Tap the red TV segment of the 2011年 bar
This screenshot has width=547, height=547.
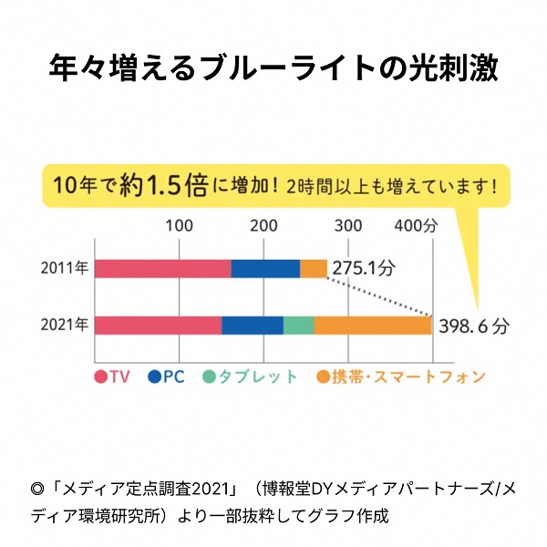pos(162,268)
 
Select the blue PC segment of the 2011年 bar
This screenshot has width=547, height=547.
pos(265,268)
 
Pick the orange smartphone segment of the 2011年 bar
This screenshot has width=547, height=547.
pos(314,268)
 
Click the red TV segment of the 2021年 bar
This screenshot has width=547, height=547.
pos(158,325)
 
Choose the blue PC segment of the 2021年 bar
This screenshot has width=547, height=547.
pos(253,325)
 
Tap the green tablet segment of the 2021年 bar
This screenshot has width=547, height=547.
pos(299,325)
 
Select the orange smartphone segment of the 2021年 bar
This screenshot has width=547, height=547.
pos(373,325)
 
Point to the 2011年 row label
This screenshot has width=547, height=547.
pos(64,268)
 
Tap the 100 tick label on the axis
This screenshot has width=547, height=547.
pos(179,226)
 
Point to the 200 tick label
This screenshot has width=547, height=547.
pos(264,226)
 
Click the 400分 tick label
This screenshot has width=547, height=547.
pos(417,226)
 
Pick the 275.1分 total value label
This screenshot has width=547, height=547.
pos(364,269)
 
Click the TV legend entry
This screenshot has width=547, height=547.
pos(112,377)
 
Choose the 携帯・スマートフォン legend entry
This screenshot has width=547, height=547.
pos(401,377)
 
